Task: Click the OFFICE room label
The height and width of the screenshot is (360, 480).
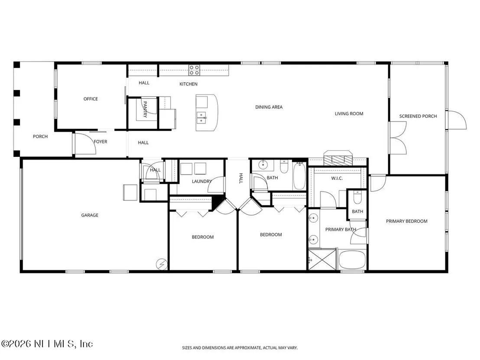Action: click(x=91, y=99)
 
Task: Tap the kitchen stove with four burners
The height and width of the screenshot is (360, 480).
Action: click(x=194, y=70)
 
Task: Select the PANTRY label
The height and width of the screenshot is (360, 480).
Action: click(x=145, y=109)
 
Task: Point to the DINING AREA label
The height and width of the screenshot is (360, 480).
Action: click(x=269, y=107)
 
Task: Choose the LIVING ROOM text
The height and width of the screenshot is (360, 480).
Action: click(x=349, y=114)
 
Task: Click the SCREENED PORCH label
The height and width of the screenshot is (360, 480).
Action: click(x=418, y=117)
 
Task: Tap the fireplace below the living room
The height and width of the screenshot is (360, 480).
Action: click(x=338, y=158)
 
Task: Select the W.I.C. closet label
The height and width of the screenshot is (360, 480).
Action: click(x=337, y=178)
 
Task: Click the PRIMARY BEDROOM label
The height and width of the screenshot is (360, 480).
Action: click(x=406, y=221)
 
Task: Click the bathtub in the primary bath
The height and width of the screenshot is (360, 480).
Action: click(x=352, y=260)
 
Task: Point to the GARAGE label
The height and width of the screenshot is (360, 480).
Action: click(x=90, y=215)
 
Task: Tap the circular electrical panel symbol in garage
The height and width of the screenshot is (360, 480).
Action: click(x=162, y=264)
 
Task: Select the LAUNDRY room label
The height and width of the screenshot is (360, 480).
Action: click(x=202, y=181)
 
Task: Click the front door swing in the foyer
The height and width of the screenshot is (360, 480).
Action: click(x=86, y=144)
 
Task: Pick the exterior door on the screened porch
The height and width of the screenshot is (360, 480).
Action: click(x=457, y=120)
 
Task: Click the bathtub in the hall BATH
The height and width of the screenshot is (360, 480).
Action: click(x=299, y=176)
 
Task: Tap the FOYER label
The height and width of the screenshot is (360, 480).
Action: click(x=101, y=142)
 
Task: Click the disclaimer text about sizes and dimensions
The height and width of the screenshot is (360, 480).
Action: click(x=240, y=348)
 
